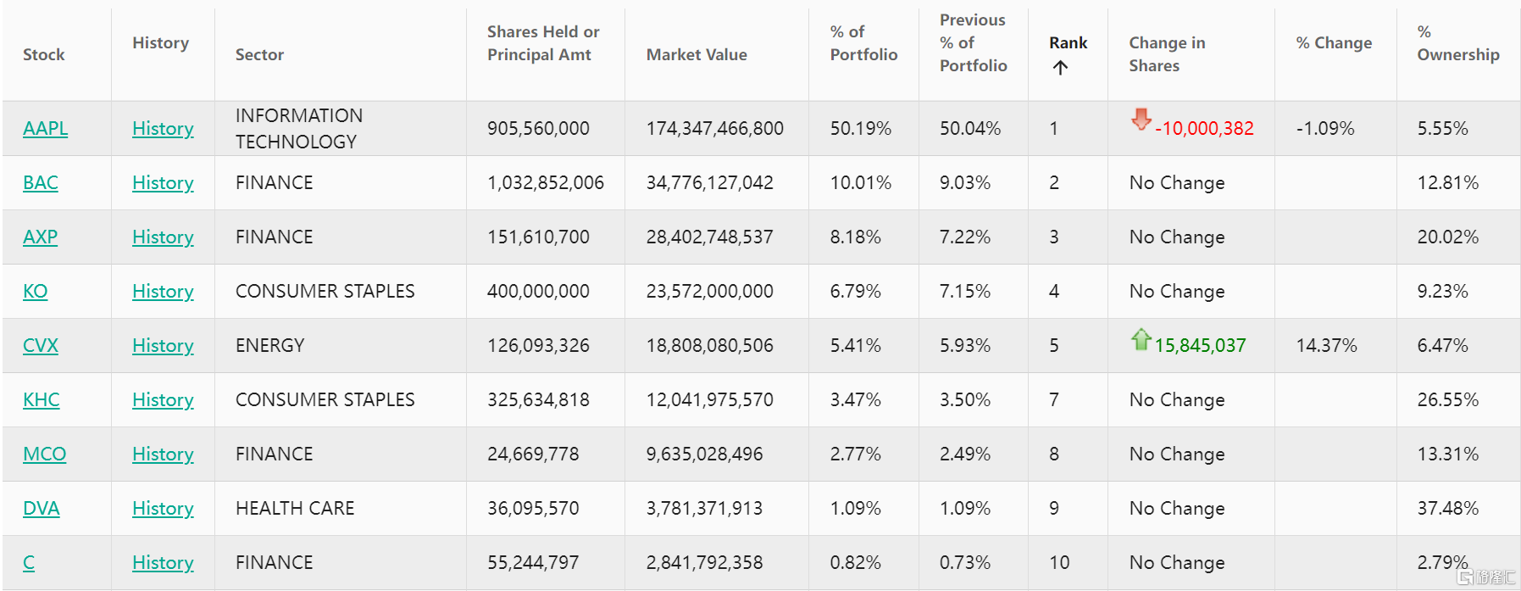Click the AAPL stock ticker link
click(45, 129)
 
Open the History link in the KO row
click(163, 292)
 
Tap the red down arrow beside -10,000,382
click(1141, 120)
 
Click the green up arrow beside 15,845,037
click(1141, 339)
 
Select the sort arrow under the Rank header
click(1060, 68)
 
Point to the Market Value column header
click(697, 55)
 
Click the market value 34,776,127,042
click(709, 183)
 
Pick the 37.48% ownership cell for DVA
click(1447, 509)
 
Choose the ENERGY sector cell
click(269, 346)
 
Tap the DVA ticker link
click(41, 509)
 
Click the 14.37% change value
click(1326, 346)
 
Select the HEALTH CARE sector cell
click(295, 509)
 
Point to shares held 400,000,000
click(538, 292)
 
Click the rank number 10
click(1059, 563)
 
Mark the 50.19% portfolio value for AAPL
click(860, 129)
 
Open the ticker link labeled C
click(29, 563)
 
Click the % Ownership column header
click(1457, 43)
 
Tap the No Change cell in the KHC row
click(1176, 400)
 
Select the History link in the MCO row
click(163, 454)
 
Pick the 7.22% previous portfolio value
click(964, 237)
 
